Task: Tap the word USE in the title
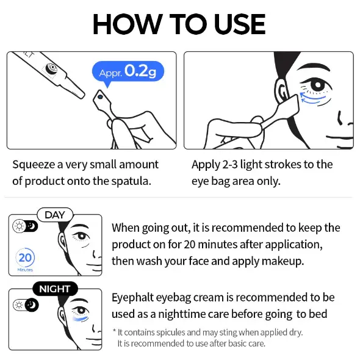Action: point(240,24)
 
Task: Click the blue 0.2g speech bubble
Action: point(128,71)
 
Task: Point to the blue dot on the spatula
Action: point(100,97)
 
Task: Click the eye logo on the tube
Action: point(51,68)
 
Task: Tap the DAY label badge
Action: point(55,215)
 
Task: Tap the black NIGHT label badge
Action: point(55,289)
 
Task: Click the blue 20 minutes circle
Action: point(25,257)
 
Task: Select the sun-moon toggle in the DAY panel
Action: point(25,226)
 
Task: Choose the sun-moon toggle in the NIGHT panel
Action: point(26,305)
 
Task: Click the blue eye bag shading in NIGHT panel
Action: point(81,319)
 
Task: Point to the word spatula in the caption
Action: point(131,181)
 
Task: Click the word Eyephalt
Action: point(132,298)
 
